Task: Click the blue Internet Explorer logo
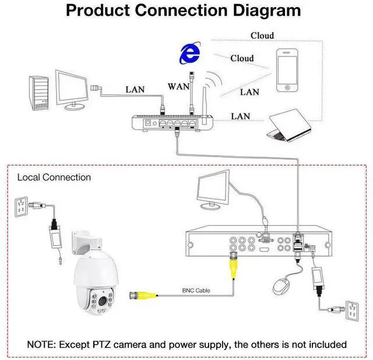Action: (190, 53)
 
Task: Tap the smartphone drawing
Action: (287, 70)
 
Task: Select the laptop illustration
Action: (289, 125)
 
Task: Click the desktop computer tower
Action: (39, 93)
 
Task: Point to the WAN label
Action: (178, 86)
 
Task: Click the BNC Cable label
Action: (196, 291)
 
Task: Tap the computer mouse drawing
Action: (281, 286)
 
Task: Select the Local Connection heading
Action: (54, 177)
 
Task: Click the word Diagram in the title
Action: (267, 11)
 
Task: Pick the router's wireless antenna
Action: (204, 106)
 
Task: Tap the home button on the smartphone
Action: (287, 88)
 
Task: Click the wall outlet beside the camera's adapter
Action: (22, 207)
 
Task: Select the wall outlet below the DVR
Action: (352, 311)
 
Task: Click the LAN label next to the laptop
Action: (241, 117)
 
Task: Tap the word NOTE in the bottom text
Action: (41, 344)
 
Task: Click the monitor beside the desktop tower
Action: (72, 90)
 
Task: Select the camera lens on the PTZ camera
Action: (103, 301)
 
